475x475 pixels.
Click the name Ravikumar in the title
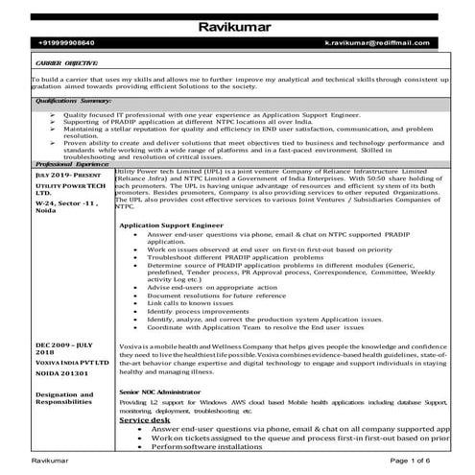(x=237, y=25)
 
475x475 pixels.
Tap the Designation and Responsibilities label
(x=63, y=398)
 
